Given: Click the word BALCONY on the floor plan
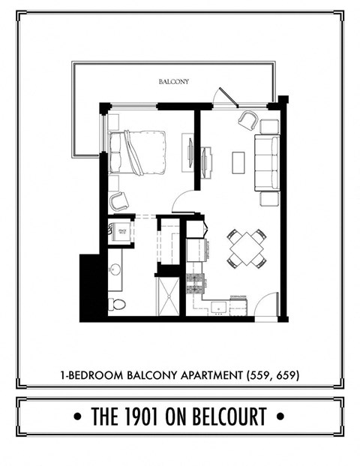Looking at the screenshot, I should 172,81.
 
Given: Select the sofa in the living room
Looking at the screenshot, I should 266,163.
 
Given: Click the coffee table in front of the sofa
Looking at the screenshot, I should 238,162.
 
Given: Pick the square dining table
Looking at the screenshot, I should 247,248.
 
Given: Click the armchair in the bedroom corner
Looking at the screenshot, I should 118,200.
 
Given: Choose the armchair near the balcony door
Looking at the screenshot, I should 248,120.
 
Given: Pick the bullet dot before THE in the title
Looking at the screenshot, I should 79,416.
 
